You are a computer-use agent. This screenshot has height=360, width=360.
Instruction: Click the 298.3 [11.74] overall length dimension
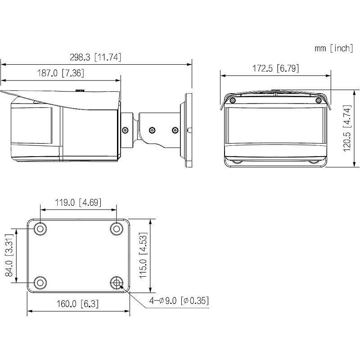click(95, 57)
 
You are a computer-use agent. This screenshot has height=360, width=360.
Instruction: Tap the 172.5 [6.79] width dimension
click(275, 68)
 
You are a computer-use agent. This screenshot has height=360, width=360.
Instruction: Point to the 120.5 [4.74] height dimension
click(347, 129)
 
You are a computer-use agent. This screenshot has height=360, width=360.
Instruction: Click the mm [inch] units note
click(334, 49)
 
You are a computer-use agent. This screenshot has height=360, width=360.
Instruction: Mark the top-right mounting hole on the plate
click(117, 229)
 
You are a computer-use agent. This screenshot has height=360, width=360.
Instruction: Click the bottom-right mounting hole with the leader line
click(117, 283)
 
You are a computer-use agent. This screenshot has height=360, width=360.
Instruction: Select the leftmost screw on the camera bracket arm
click(125, 130)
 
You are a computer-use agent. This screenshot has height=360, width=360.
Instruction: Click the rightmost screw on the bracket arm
click(175, 130)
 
